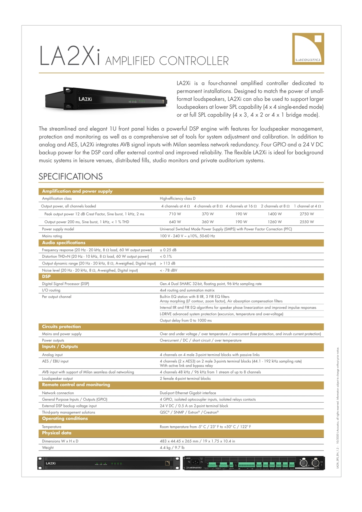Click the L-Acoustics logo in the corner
tap(308, 49)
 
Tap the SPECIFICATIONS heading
tap(71, 177)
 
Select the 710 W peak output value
tap(175, 214)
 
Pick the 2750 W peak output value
tap(307, 214)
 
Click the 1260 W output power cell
tap(275, 222)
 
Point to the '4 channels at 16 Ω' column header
tap(241, 206)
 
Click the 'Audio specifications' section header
tap(64, 243)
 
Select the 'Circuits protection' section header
tap(61, 327)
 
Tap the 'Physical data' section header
tap(57, 433)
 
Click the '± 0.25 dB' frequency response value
tap(168, 250)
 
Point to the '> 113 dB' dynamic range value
tap(167, 263)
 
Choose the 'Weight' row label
tap(48, 447)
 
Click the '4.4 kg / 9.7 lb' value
tap(172, 447)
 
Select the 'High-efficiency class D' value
tap(178, 198)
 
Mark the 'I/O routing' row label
tap(51, 290)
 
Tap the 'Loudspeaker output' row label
tap(57, 378)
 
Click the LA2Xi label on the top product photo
tap(85, 99)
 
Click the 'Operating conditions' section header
tap(65, 418)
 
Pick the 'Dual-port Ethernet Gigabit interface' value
tap(188, 393)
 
